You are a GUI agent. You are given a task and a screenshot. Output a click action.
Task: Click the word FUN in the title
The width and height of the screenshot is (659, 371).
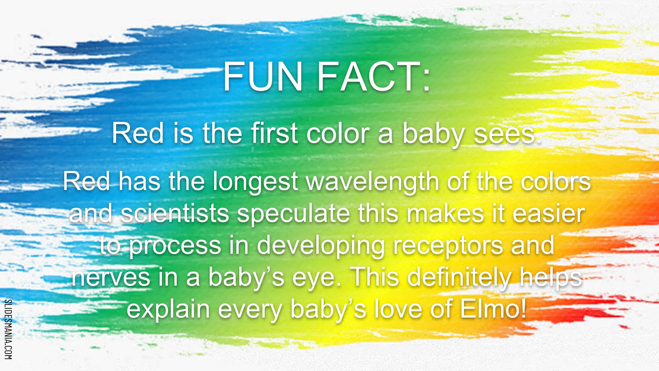point(263,77)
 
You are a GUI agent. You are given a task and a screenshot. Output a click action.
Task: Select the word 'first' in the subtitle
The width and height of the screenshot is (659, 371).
point(274,133)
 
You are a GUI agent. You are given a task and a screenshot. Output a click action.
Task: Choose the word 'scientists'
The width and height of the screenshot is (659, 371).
point(175,214)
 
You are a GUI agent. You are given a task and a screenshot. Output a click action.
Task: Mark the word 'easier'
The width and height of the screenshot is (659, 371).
point(548,214)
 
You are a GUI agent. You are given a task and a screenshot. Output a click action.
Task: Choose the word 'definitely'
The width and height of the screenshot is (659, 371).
point(459,277)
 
